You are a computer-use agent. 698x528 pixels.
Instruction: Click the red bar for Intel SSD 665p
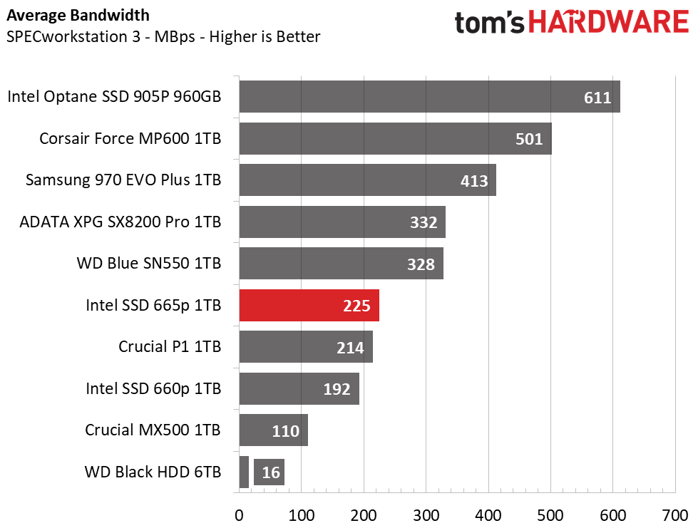309,305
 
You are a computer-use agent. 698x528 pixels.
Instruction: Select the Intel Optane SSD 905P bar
430,96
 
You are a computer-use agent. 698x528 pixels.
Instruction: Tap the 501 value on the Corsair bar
529,139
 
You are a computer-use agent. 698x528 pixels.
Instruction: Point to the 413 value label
474,181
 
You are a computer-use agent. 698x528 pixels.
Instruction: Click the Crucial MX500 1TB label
153,430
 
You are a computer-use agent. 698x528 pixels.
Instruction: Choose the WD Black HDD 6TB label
153,472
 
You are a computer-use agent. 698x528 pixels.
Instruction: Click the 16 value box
270,472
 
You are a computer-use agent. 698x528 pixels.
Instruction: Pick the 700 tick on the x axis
675,516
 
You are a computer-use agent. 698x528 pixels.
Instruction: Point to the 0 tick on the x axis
239,516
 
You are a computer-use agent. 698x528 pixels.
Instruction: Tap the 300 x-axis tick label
426,516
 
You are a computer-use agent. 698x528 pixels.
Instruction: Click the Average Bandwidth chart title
78,16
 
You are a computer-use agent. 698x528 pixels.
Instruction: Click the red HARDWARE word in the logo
609,22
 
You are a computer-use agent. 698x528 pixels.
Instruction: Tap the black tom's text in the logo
489,23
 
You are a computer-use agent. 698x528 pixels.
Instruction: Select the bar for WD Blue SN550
342,264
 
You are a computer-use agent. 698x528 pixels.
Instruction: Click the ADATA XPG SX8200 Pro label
120,222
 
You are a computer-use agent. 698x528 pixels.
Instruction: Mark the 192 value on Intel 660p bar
337,389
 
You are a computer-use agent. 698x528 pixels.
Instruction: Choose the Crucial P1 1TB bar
306,346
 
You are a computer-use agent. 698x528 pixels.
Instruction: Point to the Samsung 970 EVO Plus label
123,180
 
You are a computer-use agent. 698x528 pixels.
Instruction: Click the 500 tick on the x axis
550,516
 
